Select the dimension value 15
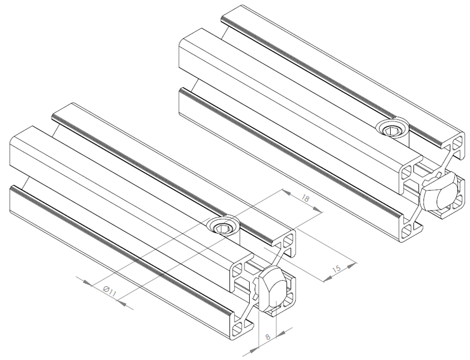click(337, 268)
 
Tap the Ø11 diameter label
click(109, 291)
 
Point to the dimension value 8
click(268, 336)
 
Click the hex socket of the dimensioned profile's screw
click(221, 229)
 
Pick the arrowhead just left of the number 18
click(288, 192)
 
